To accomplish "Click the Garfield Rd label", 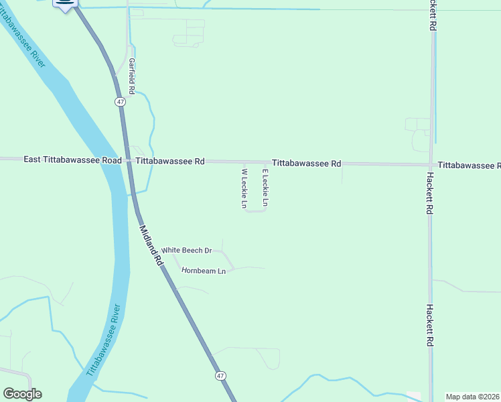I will [x=132, y=76].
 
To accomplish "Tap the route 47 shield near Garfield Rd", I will [x=120, y=101].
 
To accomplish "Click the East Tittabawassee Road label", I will [x=72, y=160].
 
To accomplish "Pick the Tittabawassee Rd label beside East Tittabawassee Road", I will [x=170, y=161].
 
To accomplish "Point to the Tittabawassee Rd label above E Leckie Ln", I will [x=307, y=163].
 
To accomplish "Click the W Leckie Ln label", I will [x=244, y=188].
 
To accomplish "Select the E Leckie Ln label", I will [x=265, y=188].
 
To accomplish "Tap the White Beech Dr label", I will [x=187, y=251].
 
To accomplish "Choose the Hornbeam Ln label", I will [x=204, y=271].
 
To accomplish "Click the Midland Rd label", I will [x=151, y=246].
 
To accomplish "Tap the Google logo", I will [x=22, y=394].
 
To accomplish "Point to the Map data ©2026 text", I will [x=473, y=397].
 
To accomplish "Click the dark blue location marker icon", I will [x=65, y=4].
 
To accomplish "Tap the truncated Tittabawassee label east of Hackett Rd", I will [x=469, y=165].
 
